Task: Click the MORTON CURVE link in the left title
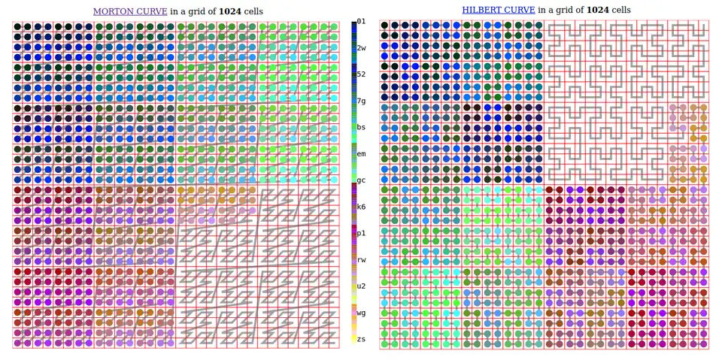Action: point(129,11)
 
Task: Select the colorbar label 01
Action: point(361,22)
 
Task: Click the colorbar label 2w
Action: point(361,48)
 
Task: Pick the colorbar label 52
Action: point(361,74)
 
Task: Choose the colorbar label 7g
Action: point(361,101)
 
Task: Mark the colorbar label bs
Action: point(361,128)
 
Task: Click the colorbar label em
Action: point(361,154)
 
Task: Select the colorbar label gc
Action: point(361,180)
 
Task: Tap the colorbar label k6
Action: point(361,207)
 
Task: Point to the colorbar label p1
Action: point(361,233)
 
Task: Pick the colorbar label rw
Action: point(361,260)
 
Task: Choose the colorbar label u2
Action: point(361,286)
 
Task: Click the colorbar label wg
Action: point(361,313)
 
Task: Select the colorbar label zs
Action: point(361,339)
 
